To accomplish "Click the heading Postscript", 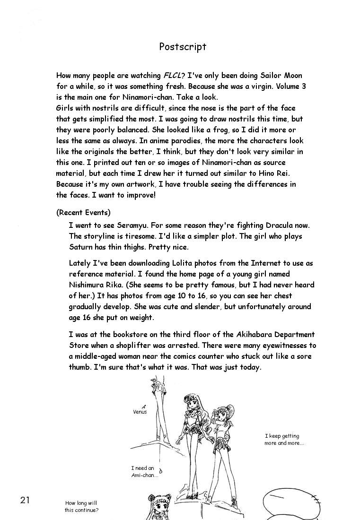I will pyautogui.click(x=183, y=47).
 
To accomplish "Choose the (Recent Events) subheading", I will pyautogui.click(x=83, y=213).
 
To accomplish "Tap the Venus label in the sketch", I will pyautogui.click(x=140, y=412).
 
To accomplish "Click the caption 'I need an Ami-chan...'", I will pyautogui.click(x=143, y=471).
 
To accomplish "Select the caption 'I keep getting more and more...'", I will pyautogui.click(x=284, y=440).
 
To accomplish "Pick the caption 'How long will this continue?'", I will pyautogui.click(x=82, y=507).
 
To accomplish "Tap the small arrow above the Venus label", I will pyautogui.click(x=143, y=406).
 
